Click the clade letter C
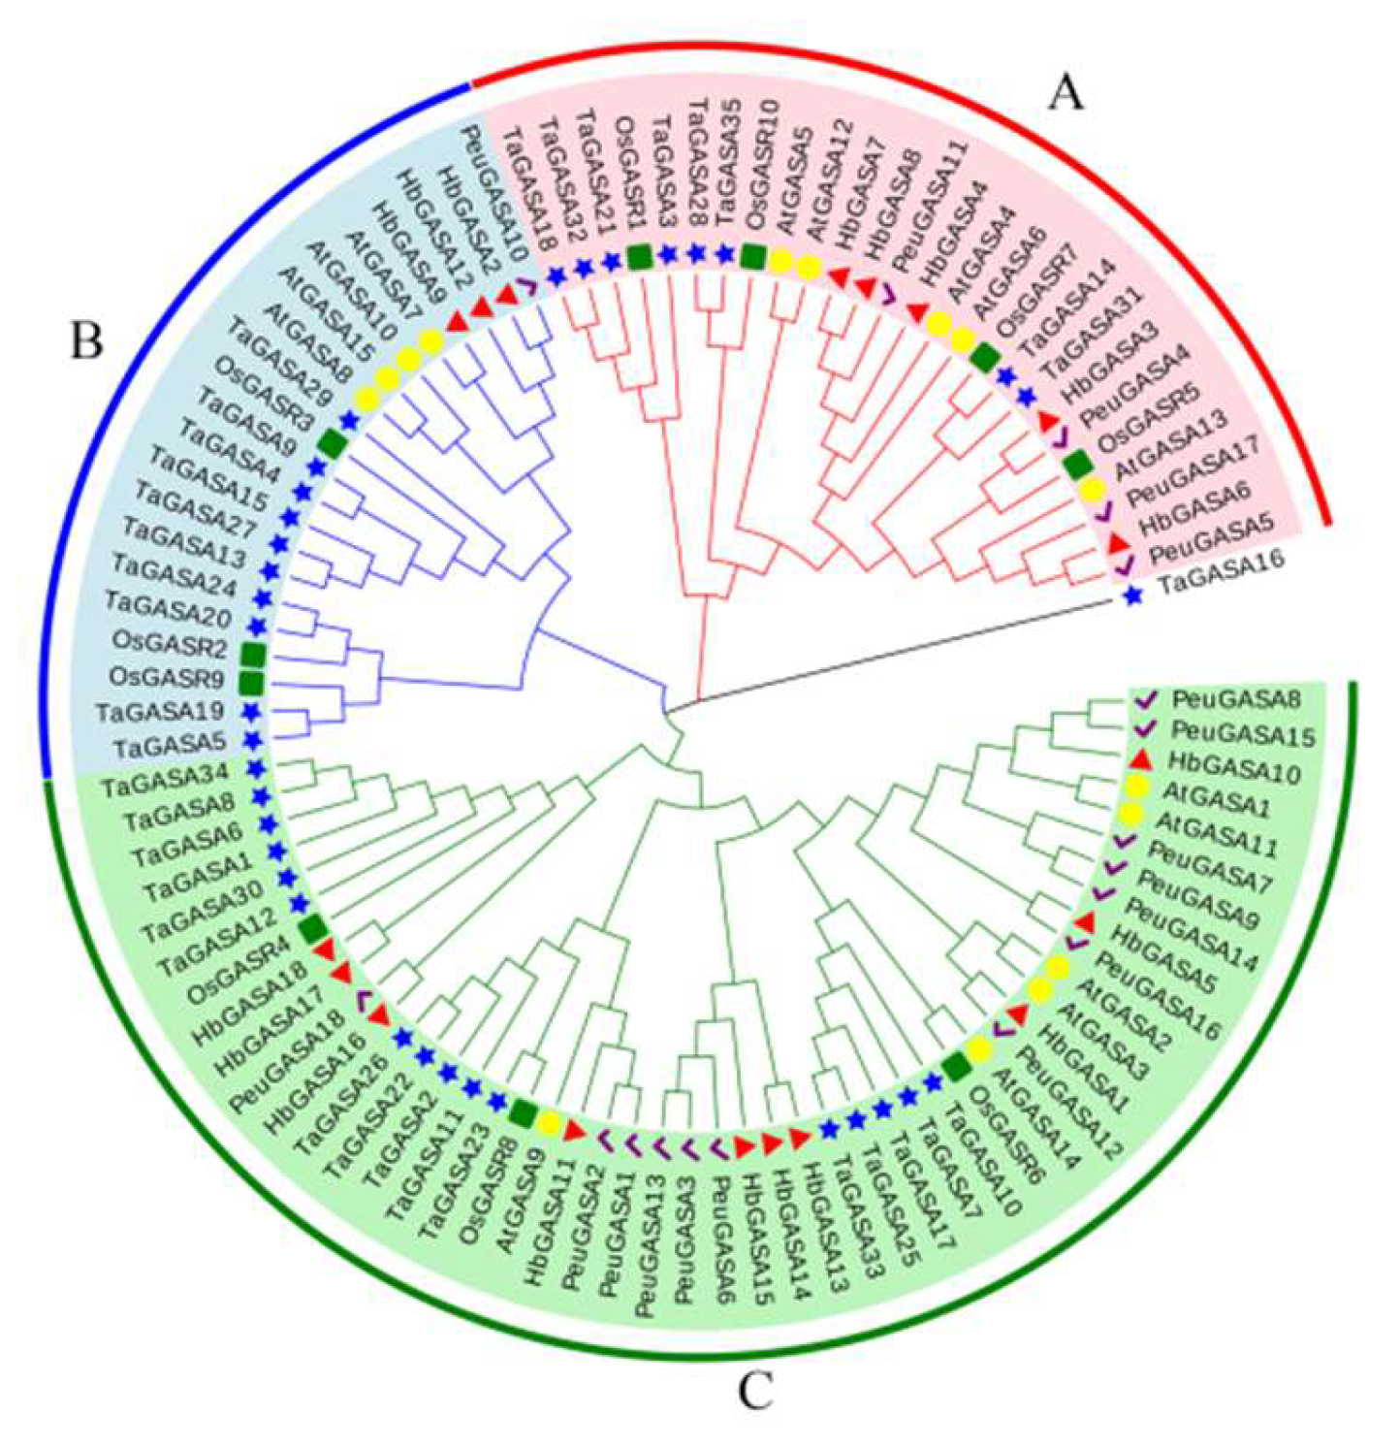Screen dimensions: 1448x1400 755,1393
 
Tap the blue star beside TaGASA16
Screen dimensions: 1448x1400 1131,597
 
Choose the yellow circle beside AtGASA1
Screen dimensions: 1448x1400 1138,787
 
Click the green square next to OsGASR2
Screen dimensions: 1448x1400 253,655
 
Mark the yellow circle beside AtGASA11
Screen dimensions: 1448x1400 1132,813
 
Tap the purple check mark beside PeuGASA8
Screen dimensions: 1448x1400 1147,698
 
